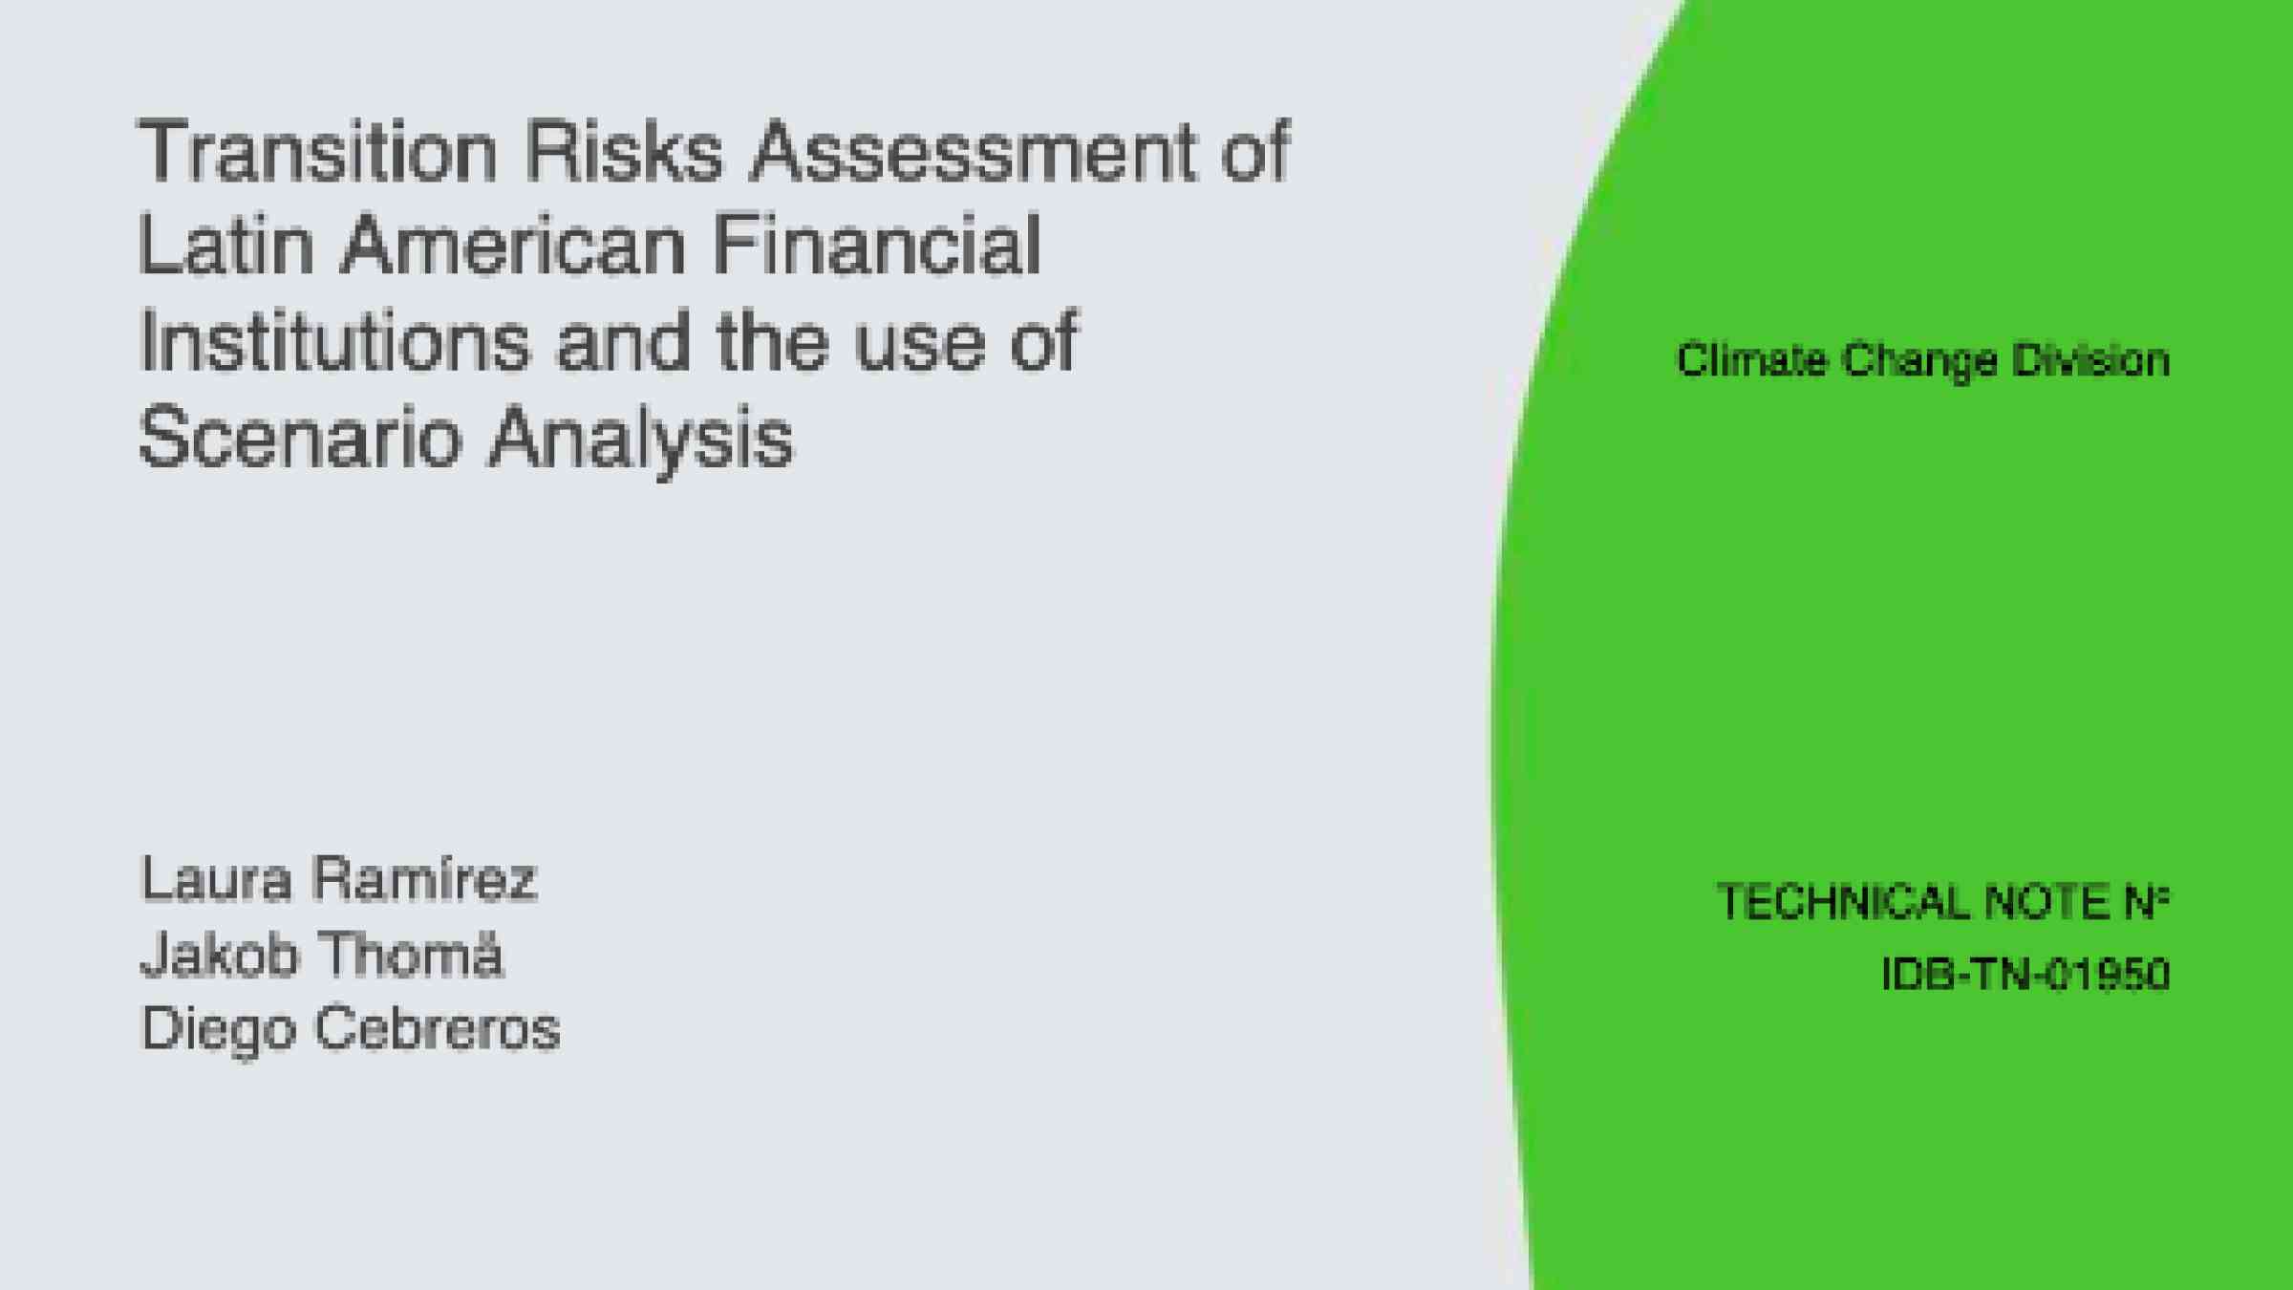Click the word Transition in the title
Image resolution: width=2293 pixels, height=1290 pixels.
tap(318, 150)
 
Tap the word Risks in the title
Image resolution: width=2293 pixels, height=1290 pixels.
tap(624, 150)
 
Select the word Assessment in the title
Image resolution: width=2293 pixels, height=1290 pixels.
tap(971, 150)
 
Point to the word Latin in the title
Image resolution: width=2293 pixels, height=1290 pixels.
tap(226, 245)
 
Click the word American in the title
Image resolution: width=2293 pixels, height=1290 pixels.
tap(514, 245)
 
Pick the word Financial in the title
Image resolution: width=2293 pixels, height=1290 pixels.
tap(877, 245)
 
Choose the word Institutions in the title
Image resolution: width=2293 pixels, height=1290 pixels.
tap(334, 341)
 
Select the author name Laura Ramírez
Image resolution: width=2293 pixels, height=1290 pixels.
tap(339, 879)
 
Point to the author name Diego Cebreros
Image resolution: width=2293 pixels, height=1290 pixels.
tap(351, 1030)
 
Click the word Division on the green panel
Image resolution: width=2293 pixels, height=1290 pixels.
tap(2090, 360)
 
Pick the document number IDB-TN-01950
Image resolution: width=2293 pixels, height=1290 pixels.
tap(2025, 975)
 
